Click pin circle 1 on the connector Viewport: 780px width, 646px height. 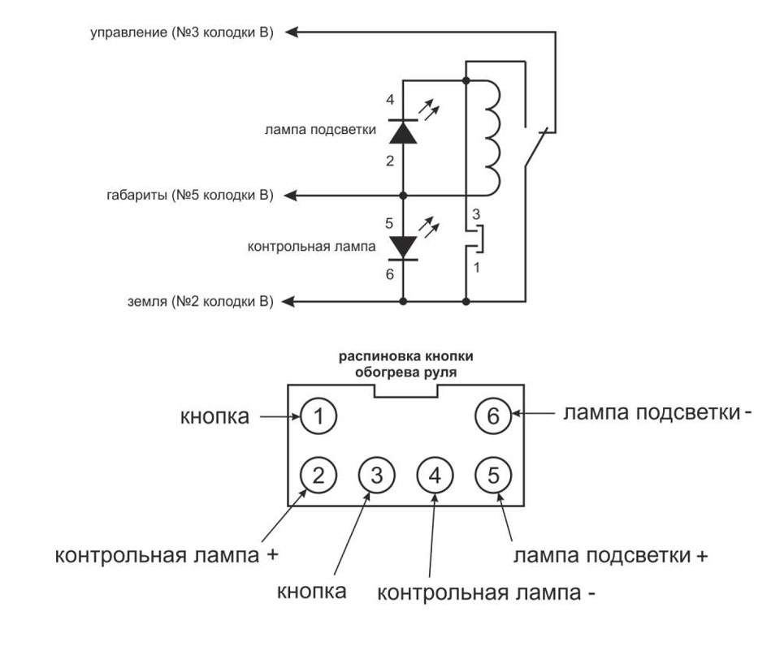[318, 417]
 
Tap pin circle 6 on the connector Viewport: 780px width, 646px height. [492, 417]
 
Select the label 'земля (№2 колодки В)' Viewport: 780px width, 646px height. [199, 302]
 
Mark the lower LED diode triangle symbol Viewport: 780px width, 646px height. [404, 246]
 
